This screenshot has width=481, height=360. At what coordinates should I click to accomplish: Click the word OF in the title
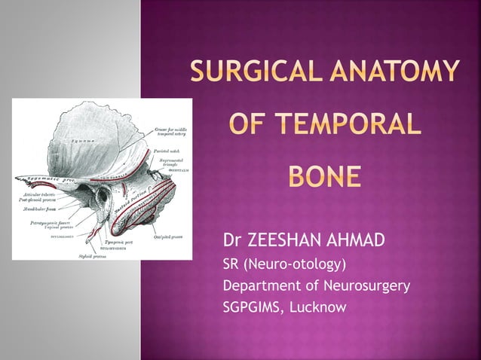245,124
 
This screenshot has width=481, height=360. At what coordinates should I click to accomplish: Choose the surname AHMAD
357,240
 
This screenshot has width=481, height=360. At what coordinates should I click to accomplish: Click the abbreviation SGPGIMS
250,307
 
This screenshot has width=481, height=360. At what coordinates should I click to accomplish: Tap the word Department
261,286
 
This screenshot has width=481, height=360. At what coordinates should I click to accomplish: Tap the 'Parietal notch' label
164,151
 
